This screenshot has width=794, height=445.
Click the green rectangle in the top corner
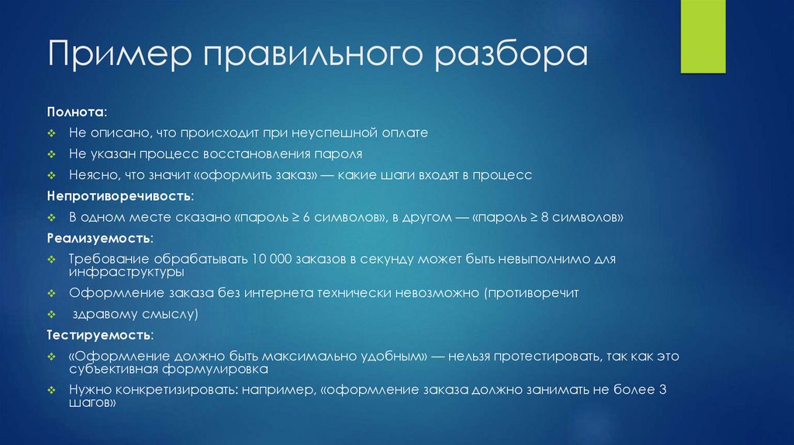703,36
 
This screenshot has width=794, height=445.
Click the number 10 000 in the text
268,258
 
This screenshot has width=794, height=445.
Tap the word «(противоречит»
530,295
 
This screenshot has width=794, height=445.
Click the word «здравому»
102,315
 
